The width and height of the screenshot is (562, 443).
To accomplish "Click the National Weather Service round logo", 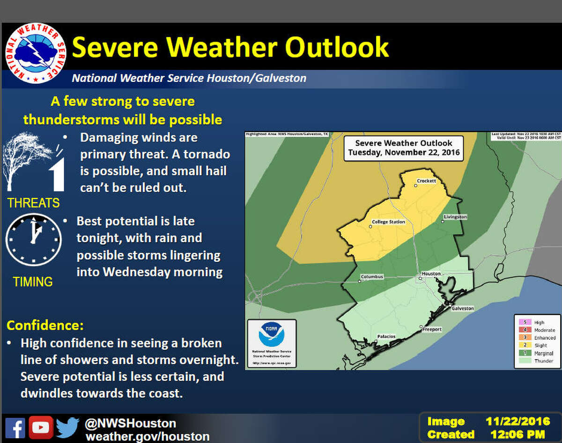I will [36, 52].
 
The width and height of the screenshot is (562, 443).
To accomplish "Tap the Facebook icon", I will [15, 428].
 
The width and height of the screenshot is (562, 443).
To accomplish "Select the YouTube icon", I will [41, 428].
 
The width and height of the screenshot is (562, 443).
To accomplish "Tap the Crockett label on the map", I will [426, 181].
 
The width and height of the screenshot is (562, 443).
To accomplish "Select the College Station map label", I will [388, 222].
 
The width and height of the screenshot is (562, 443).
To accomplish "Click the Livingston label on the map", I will [455, 217].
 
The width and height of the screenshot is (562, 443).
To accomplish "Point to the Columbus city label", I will [372, 277].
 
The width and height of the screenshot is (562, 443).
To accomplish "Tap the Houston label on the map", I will [431, 273].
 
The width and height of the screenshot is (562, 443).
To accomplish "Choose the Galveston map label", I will [462, 308].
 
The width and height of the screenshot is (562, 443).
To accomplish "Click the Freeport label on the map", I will [432, 329].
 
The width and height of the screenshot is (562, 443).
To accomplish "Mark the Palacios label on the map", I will [386, 337].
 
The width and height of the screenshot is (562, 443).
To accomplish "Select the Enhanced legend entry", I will [545, 337].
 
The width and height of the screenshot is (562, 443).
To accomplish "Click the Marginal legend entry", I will [544, 353].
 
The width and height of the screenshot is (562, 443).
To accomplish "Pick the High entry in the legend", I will [539, 322].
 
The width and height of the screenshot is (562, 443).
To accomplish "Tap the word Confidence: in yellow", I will [38, 325].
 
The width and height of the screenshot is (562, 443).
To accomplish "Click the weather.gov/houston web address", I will [147, 436].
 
